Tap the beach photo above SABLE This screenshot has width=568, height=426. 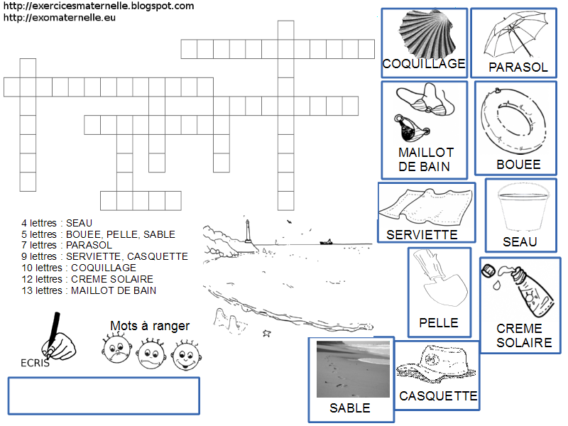353,369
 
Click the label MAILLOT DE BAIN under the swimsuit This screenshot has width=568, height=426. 425,160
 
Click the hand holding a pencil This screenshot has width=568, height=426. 57,338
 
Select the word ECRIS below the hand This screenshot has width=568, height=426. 35,363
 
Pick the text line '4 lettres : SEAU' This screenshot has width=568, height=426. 57,223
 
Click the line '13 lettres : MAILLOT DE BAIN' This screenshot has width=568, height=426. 89,290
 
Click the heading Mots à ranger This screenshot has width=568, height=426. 150,326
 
